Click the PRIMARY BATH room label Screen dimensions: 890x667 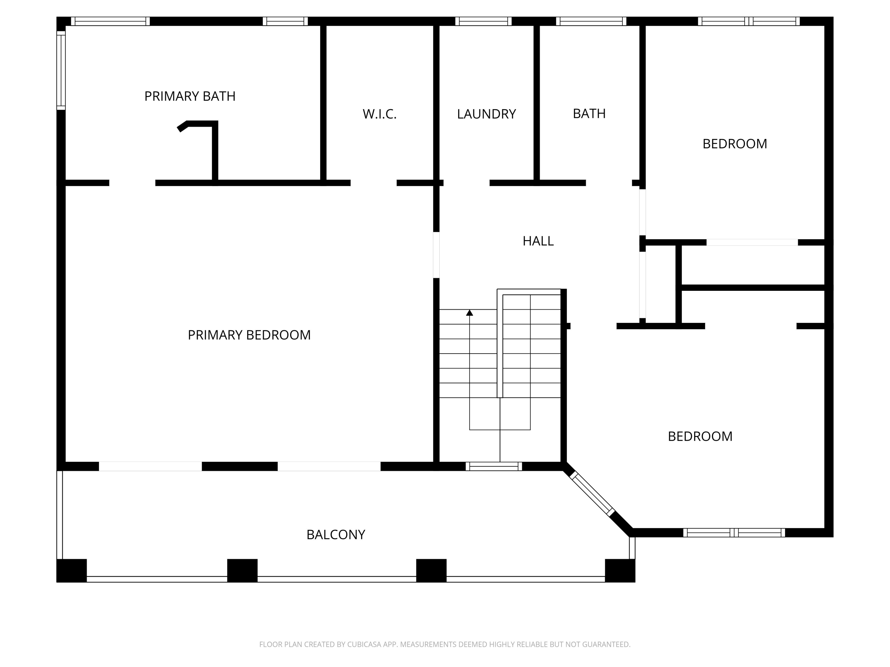pyautogui.click(x=190, y=96)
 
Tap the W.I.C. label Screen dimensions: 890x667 pyautogui.click(x=379, y=114)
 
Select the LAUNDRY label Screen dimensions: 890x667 pyautogui.click(x=487, y=114)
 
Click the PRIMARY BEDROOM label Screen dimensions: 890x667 pyautogui.click(x=249, y=335)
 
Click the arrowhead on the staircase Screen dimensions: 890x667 pyautogui.click(x=470, y=312)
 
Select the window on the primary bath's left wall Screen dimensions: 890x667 pyautogui.click(x=61, y=70)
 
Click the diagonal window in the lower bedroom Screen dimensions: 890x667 pyautogui.click(x=592, y=494)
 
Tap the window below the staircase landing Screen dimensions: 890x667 pyautogui.click(x=494, y=466)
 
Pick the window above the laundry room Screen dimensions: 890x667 pyautogui.click(x=483, y=21)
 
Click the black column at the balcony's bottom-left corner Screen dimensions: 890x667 pyautogui.click(x=71, y=571)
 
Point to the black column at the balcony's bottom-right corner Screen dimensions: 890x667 pyautogui.click(x=620, y=571)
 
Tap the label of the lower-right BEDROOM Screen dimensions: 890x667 pyautogui.click(x=700, y=437)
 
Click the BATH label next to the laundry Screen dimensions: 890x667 pyautogui.click(x=589, y=114)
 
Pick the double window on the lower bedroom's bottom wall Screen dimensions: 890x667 pyautogui.click(x=734, y=533)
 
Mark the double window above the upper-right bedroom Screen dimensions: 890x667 pyautogui.click(x=749, y=21)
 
